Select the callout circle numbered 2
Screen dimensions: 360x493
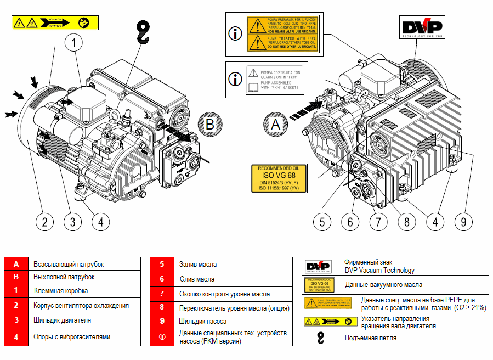[x=45, y=222]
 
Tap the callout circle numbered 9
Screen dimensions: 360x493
[x=463, y=222]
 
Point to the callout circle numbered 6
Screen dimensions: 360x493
[x=350, y=222]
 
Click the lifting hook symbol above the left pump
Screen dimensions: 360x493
[x=143, y=32]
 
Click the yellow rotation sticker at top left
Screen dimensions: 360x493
[x=55, y=23]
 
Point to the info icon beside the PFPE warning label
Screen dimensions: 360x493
[x=235, y=33]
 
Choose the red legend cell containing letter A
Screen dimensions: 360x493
[x=16, y=264]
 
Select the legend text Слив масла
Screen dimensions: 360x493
[x=197, y=279]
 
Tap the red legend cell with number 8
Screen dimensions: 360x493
[x=162, y=308]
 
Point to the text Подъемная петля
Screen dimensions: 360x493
[x=371, y=338]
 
